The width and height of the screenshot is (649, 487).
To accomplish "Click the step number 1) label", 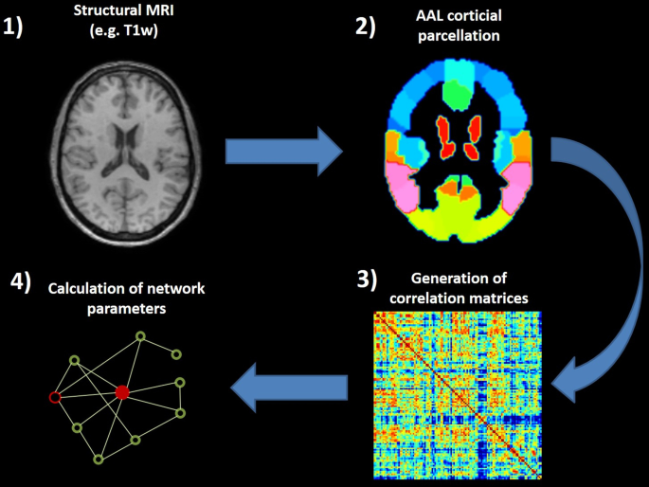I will (21, 27).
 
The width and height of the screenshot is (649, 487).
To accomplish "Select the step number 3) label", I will (366, 280).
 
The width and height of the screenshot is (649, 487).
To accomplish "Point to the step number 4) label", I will (21, 281).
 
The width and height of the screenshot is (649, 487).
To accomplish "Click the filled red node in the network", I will (121, 392).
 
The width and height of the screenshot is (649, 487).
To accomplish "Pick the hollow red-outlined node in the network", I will (54, 396).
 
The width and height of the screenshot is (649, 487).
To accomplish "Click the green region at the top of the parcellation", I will (459, 92).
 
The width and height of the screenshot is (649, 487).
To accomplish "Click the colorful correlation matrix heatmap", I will (457, 395).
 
